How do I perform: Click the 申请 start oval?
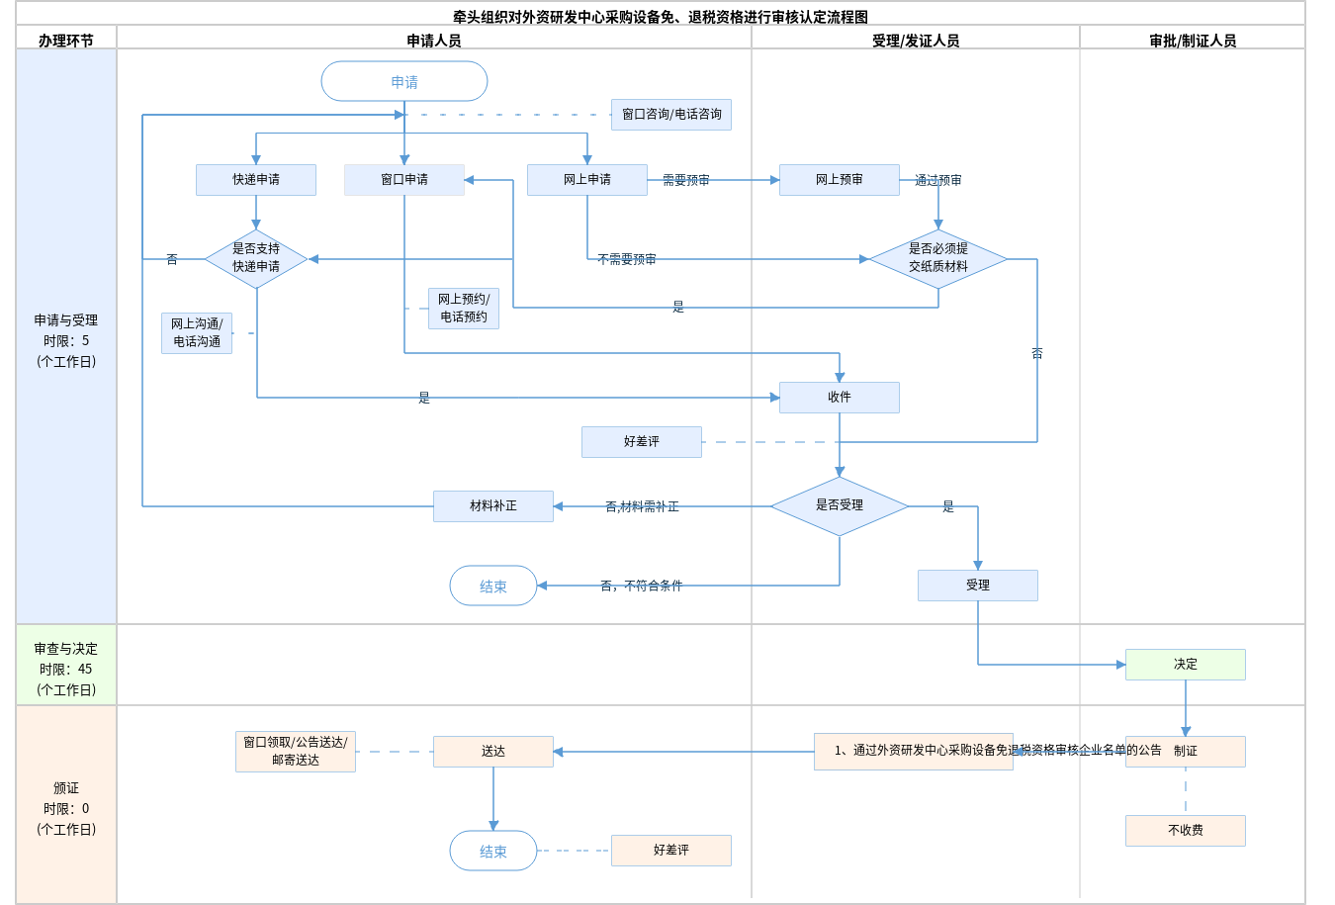(404, 81)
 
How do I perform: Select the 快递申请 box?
(256, 180)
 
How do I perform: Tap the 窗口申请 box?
(404, 180)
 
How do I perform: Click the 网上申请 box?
(587, 180)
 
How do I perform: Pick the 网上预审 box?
(840, 180)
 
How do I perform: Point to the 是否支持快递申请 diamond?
(256, 258)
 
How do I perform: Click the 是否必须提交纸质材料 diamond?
(938, 258)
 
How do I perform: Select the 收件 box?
(840, 398)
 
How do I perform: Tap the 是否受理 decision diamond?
(840, 505)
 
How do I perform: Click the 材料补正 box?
(493, 506)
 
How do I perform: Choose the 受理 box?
(978, 586)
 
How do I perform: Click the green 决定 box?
(1186, 665)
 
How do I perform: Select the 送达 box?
(493, 752)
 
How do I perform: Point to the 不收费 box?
(1186, 831)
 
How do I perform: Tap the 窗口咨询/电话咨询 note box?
(671, 115)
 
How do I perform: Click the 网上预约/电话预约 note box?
(464, 309)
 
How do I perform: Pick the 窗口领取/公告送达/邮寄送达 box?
(296, 752)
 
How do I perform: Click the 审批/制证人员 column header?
(1193, 41)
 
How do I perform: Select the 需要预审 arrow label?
(686, 180)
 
